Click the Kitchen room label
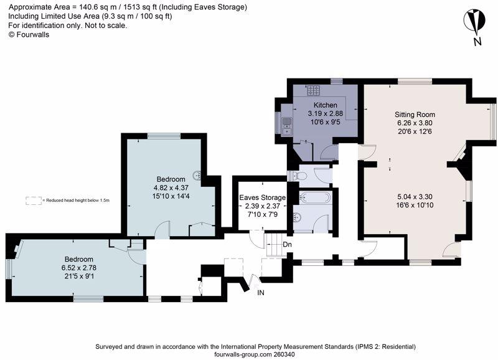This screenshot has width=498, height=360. (x=325, y=105)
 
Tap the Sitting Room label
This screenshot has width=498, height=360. (x=415, y=115)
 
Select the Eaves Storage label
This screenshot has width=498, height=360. (x=262, y=197)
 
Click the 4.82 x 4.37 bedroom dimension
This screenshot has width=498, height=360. (x=171, y=187)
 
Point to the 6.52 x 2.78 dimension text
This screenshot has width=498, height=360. (x=79, y=268)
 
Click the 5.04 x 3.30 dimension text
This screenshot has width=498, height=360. (x=415, y=197)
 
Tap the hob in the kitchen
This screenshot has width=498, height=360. (x=314, y=90)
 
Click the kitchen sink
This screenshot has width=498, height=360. (x=286, y=126)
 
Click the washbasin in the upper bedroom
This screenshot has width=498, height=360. (x=197, y=176)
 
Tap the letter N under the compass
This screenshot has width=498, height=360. (x=477, y=42)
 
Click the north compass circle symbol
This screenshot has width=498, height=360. (x=474, y=21)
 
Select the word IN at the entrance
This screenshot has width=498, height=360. (x=260, y=293)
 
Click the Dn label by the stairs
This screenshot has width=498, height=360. (x=287, y=245)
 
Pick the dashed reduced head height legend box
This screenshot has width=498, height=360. (x=34, y=201)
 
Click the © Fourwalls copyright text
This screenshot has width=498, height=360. (x=29, y=35)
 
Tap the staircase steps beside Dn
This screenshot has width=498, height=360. (x=273, y=245)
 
